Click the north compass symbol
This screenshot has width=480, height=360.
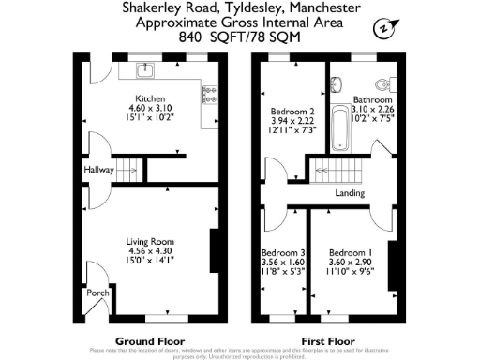[x=382, y=28]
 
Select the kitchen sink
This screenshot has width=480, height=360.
[x=148, y=70]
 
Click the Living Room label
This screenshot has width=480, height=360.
[x=150, y=242]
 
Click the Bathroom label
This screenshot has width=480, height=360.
[x=372, y=99]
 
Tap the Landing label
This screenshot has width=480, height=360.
[x=350, y=194]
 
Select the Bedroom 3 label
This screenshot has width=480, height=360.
[x=282, y=253]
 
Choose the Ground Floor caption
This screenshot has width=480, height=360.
[x=149, y=340]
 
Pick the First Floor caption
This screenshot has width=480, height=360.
[x=327, y=340]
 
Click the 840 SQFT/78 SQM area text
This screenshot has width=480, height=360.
[x=240, y=38]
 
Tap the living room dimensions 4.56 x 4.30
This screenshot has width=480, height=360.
[x=150, y=251]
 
